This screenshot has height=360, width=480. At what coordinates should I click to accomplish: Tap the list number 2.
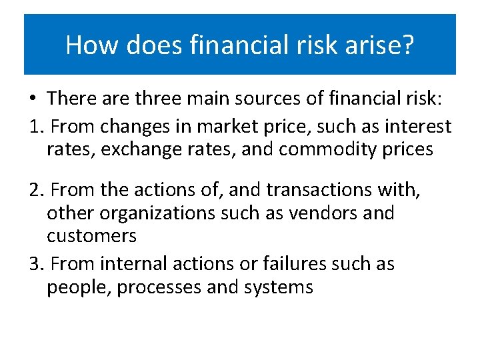[35, 191]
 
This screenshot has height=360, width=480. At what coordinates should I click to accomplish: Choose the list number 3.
[35, 264]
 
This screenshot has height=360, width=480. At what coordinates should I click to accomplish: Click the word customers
[91, 236]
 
